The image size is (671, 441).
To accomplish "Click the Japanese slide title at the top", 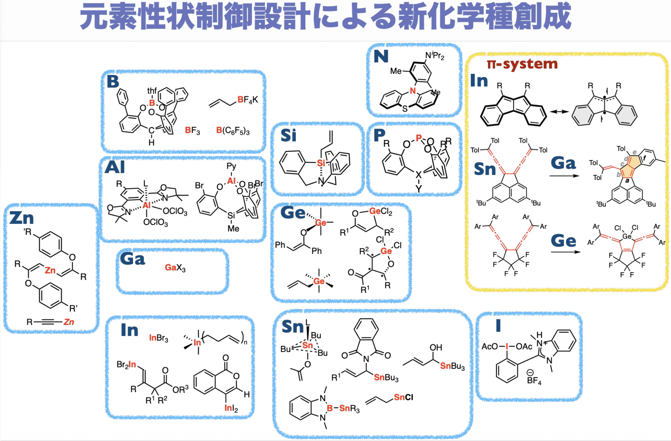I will (x=325, y=16).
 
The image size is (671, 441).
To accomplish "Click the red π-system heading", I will (x=522, y=64).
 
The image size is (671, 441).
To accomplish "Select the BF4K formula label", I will (x=248, y=100).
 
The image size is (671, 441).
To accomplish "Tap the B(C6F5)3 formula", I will (x=233, y=131).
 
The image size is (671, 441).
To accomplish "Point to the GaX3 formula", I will (x=175, y=268).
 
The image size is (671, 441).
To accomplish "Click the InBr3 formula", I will (x=158, y=338).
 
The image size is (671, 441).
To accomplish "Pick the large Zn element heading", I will (x=21, y=218).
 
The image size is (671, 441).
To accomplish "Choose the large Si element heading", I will (x=288, y=135).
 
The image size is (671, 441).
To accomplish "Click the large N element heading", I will (x=381, y=56).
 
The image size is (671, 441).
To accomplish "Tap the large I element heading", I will (x=498, y=326).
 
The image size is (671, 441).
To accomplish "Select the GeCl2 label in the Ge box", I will (x=380, y=212).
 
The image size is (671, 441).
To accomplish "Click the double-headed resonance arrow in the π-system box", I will (x=559, y=112).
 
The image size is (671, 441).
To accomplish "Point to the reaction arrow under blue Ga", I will (x=564, y=176).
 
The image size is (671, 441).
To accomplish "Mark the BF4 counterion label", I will (x=534, y=380).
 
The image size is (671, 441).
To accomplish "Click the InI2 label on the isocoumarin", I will (x=231, y=408).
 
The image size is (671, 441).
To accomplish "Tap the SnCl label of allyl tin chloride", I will (x=403, y=397).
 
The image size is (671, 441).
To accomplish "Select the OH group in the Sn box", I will (x=436, y=348).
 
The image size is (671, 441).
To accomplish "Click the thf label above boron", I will (x=152, y=91).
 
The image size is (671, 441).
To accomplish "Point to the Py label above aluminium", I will (x=231, y=166).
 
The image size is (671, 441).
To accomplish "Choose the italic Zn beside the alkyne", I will (x=69, y=322).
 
